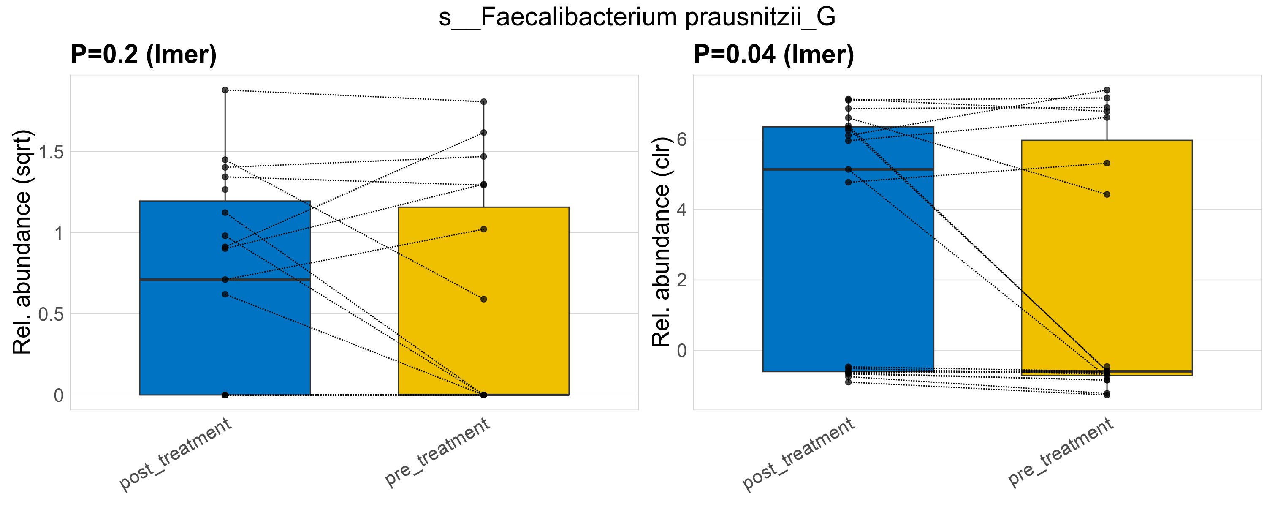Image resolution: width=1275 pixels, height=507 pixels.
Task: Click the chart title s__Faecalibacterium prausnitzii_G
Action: click(x=637, y=17)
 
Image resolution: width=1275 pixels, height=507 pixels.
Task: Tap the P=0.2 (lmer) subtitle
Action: click(x=144, y=54)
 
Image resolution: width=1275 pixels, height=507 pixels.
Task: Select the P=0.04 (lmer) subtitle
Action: click(x=773, y=54)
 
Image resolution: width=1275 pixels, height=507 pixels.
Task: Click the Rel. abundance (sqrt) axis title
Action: click(x=22, y=242)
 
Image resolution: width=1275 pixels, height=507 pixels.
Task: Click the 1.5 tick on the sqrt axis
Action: click(x=52, y=152)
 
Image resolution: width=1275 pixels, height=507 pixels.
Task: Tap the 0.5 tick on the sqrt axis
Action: click(x=52, y=314)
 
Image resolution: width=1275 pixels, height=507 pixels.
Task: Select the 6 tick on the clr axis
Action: click(x=681, y=139)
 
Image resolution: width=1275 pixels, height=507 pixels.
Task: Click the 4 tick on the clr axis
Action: click(x=681, y=210)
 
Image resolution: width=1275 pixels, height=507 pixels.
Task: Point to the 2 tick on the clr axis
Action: click(x=681, y=280)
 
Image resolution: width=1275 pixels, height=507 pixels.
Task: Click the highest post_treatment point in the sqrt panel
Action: click(x=225, y=90)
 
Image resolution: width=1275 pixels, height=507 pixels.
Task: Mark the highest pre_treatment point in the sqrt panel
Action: click(x=483, y=102)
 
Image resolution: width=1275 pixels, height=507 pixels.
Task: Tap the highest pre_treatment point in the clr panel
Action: click(x=1107, y=90)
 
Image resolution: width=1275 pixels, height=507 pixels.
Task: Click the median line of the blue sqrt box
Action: click(x=225, y=280)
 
